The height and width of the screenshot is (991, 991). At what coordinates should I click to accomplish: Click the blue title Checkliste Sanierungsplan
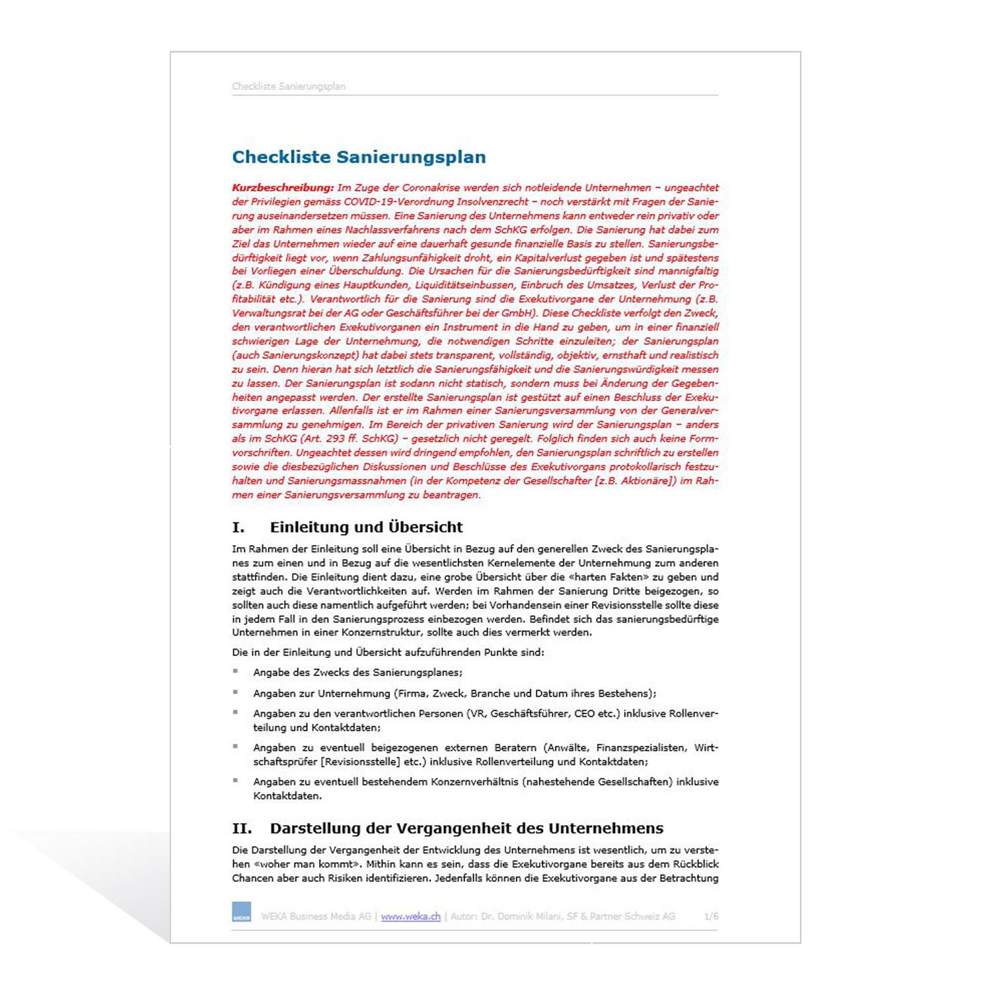(359, 157)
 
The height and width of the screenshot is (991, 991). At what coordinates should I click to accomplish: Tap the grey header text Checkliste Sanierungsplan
(289, 87)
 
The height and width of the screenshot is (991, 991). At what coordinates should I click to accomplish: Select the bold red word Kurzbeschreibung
(283, 188)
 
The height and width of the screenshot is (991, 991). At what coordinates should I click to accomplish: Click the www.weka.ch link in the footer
(410, 916)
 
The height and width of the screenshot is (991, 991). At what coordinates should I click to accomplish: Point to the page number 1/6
(711, 916)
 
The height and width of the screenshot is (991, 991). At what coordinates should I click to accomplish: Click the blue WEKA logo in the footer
(242, 912)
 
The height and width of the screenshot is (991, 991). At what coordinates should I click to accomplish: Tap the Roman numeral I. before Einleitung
(239, 527)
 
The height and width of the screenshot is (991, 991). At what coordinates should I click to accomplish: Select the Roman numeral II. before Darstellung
(242, 828)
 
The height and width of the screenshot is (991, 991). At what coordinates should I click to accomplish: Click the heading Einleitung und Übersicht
(366, 527)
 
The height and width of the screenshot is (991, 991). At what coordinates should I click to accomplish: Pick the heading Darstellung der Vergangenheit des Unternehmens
(466, 828)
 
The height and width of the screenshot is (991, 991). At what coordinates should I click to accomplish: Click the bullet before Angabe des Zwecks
(235, 671)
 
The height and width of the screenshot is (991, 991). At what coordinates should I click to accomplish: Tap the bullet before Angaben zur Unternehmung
(235, 692)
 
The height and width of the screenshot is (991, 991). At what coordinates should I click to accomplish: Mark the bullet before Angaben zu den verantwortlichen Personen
(235, 713)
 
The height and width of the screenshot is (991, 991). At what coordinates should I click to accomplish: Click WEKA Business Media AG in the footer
(316, 916)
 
